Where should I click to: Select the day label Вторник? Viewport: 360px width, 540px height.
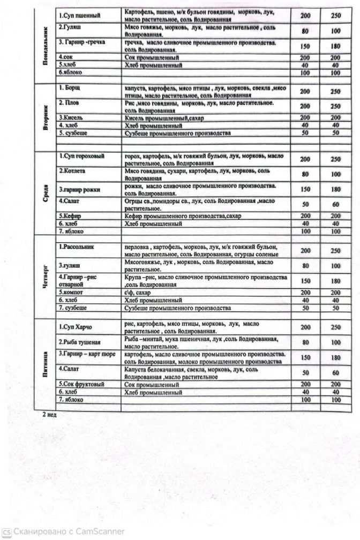[47, 114]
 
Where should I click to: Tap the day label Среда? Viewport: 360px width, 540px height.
[47, 192]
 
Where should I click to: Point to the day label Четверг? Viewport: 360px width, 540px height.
[47, 275]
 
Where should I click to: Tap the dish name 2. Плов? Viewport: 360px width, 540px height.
[70, 102]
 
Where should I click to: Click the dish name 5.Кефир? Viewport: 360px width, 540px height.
[71, 216]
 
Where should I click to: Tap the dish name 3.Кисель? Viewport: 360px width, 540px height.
[72, 117]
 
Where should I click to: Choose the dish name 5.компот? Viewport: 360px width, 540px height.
[73, 292]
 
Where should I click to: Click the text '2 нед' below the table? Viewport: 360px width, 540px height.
[49, 414]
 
